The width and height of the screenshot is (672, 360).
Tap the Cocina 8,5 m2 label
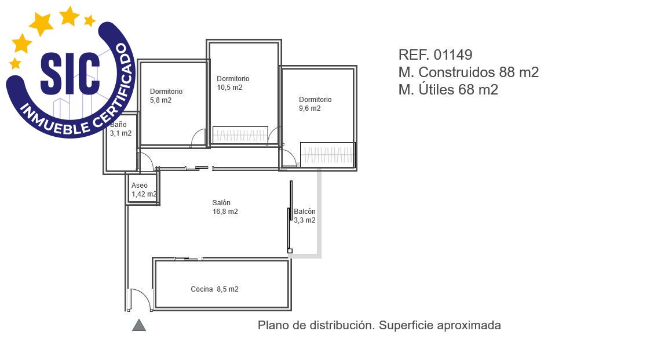[x=215, y=289]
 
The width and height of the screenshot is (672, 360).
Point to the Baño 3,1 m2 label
[x=121, y=129]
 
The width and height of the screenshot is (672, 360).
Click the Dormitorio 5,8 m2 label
[x=166, y=96]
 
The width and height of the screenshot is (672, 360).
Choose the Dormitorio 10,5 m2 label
[x=233, y=83]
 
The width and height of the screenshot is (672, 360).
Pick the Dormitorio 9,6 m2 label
[x=315, y=104]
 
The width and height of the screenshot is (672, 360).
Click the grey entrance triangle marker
[x=139, y=326]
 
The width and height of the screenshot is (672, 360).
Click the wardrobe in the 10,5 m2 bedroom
[x=240, y=134]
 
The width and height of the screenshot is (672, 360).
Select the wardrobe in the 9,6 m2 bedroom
[x=327, y=154]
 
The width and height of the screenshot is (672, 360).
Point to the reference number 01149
[x=453, y=55]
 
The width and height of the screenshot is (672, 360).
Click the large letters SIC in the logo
[x=71, y=74]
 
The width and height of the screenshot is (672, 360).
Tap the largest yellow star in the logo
[x=42, y=24]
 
